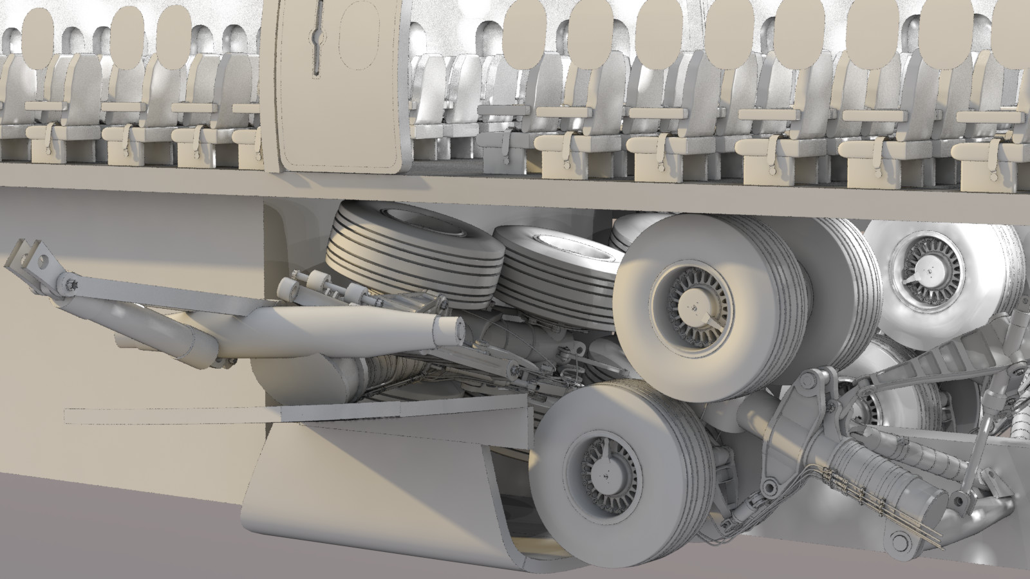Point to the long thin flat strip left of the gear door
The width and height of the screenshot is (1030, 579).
tap(167, 416)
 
